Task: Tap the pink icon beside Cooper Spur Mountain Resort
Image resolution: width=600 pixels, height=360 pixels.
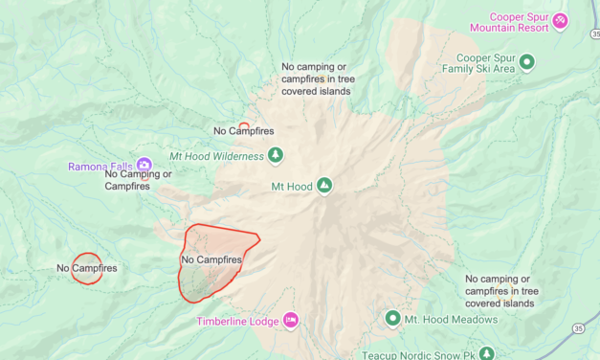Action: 560,18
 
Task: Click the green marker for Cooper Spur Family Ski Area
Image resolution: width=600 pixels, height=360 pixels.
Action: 526,61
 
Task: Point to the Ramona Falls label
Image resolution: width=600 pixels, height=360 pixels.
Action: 100,167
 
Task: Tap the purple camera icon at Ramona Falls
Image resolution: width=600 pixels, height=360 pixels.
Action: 144,166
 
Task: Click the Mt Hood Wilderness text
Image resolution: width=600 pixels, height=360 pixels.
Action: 216,156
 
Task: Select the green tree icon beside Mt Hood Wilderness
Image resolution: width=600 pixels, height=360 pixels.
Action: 276,154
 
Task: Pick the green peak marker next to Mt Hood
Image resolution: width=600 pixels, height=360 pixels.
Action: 324,185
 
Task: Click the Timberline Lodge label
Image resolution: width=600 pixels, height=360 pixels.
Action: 238,322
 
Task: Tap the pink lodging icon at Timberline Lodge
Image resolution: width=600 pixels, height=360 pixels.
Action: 290,320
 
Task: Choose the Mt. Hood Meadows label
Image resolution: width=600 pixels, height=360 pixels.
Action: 451,320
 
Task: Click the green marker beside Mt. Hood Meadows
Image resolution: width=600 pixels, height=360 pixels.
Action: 392,318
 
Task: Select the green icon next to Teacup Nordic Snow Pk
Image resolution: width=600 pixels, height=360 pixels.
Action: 488,353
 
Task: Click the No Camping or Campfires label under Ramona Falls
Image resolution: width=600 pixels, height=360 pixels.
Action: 138,180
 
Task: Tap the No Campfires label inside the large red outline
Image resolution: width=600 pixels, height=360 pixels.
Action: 211,259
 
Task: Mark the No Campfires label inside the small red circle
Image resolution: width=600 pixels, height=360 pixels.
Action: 86,268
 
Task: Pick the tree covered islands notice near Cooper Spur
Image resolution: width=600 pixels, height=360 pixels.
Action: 316,79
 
